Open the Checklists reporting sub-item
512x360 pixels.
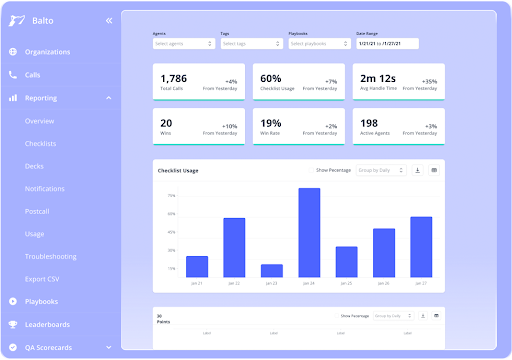pos(42,144)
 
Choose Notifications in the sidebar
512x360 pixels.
pos(45,188)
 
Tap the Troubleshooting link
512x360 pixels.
pos(50,256)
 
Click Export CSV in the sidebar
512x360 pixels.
pos(43,279)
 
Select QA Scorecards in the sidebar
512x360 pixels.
pos(49,348)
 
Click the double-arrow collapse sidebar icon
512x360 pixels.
pos(108,20)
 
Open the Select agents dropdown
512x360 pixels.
pos(183,44)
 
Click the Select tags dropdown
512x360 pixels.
pos(250,44)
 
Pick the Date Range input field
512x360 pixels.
pos(386,44)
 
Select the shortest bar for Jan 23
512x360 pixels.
pos(271,270)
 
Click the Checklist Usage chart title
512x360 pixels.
pos(178,171)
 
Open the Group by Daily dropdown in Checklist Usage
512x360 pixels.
pos(381,171)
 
